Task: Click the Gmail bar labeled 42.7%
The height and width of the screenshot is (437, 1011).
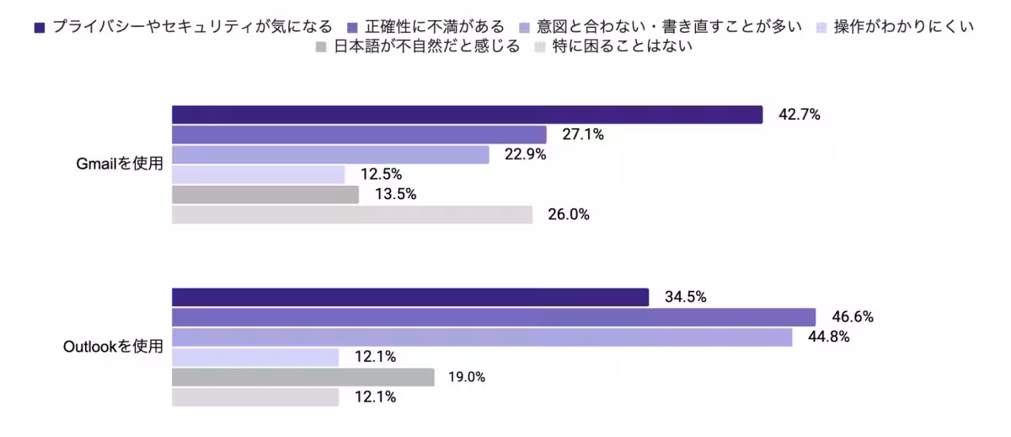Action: [x=467, y=115]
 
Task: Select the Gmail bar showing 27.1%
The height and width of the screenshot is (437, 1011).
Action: [x=359, y=135]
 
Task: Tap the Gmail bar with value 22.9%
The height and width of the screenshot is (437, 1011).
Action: [x=330, y=154]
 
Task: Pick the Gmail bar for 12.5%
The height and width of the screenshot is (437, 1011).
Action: [x=259, y=175]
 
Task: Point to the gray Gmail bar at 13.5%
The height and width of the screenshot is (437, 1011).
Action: [x=265, y=195]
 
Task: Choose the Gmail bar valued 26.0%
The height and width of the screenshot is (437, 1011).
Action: [x=352, y=215]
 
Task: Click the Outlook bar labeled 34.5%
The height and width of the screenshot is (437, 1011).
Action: [x=410, y=297]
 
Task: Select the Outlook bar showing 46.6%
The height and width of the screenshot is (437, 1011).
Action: [x=494, y=317]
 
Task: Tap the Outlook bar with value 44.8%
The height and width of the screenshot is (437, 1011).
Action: [x=482, y=337]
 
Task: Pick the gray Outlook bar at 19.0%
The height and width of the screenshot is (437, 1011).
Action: [x=303, y=377]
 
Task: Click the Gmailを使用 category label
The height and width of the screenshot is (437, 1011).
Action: [x=119, y=165]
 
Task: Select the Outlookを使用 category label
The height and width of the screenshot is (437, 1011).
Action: [x=113, y=347]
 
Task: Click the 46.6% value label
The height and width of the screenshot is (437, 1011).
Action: [x=853, y=317]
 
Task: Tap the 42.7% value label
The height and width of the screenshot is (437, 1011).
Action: [x=800, y=115]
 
